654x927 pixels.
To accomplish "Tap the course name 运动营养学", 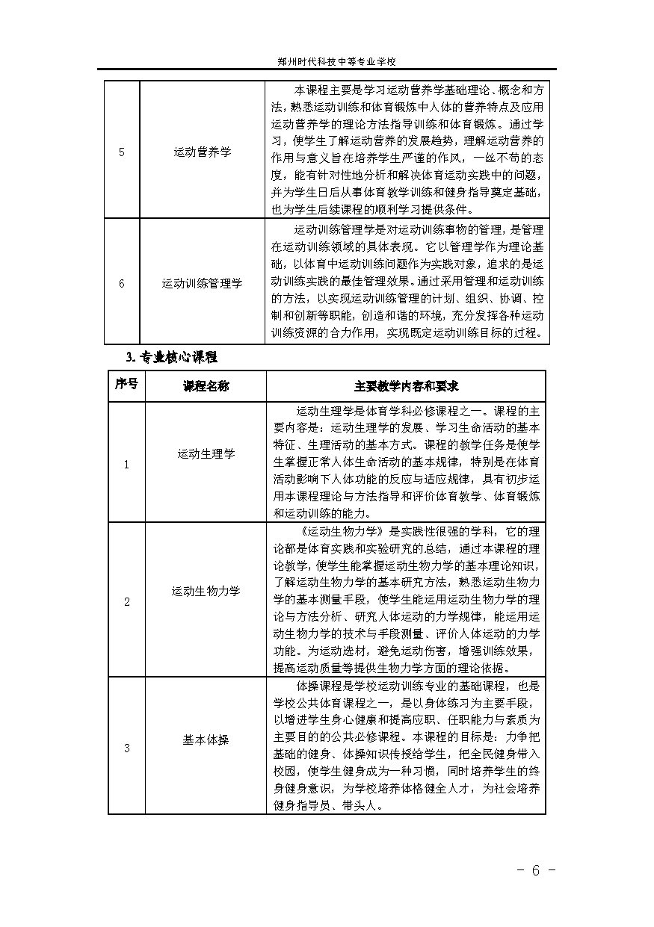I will tap(203, 152).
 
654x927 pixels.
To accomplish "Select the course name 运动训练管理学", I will tap(203, 283).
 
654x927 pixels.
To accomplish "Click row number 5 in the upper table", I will tap(122, 152).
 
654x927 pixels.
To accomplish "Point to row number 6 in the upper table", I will tap(122, 283).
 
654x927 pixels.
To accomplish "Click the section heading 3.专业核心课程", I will tap(171, 357).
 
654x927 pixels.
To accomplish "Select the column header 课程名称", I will tap(206, 386).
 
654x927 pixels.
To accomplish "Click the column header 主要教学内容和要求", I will tap(406, 386).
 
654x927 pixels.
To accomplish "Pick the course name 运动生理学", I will tap(206, 453).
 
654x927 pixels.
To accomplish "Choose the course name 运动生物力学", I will tap(206, 591).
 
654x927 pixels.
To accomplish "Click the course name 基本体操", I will tap(206, 740).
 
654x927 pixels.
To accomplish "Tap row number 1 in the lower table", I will tap(126, 464).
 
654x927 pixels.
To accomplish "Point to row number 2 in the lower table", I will tap(126, 601).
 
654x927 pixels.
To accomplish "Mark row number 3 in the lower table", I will tap(126, 748).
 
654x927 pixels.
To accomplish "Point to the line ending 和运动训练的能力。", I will tap(322, 513).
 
